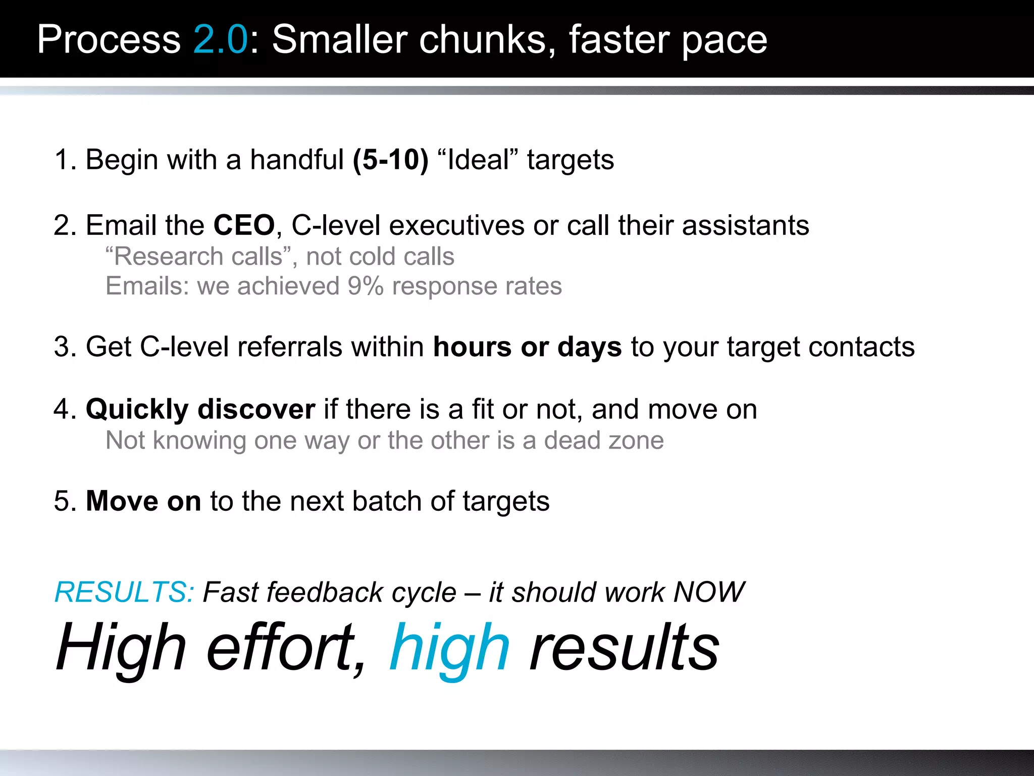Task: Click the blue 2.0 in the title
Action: (220, 39)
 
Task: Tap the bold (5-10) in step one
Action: (390, 160)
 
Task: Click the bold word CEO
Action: (244, 225)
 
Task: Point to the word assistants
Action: (745, 225)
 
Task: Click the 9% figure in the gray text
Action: (365, 286)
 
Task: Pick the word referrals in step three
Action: (289, 347)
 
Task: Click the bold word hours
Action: (472, 347)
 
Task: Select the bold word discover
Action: (256, 409)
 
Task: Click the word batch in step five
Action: (387, 501)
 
